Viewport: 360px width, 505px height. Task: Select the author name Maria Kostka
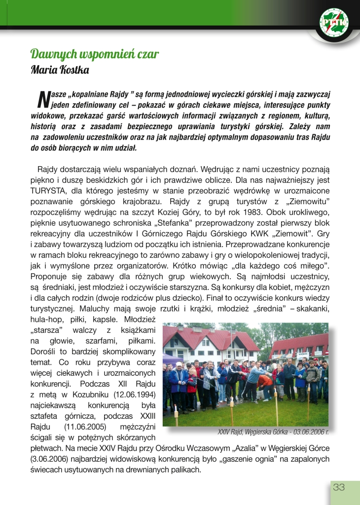tap(60, 70)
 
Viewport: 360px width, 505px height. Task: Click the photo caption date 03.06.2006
tap(308, 432)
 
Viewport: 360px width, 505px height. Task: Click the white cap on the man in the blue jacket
tap(179, 364)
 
